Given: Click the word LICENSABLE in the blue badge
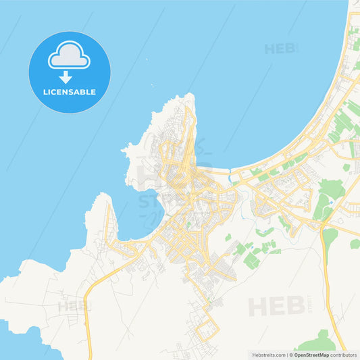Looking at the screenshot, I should tap(70, 91).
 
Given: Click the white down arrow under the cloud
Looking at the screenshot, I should tap(66, 76).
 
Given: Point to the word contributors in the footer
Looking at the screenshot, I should tap(344, 355).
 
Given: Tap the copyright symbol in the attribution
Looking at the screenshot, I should tap(291, 355).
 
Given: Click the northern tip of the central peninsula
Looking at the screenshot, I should tap(191, 96).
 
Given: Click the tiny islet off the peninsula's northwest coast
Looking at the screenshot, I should tap(124, 148).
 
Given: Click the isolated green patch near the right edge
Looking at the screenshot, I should tap(355, 243).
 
